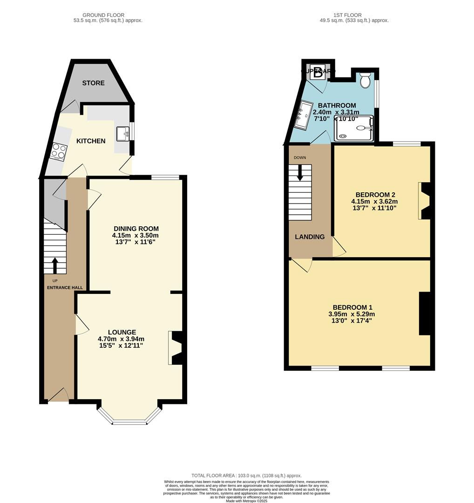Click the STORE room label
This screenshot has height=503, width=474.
(94, 83)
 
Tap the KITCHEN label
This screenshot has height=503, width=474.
(91, 141)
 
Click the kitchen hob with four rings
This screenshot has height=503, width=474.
(60, 151)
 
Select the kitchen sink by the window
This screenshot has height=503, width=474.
(124, 133)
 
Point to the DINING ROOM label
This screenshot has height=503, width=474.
(136, 229)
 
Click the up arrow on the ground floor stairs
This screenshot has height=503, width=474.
(55, 265)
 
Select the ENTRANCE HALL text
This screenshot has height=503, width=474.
(65, 287)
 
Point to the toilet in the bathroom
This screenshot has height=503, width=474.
(366, 80)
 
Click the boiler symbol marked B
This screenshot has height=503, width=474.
(318, 73)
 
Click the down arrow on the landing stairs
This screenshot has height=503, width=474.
(300, 174)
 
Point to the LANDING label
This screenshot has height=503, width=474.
(310, 237)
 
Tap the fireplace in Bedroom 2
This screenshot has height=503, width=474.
(426, 201)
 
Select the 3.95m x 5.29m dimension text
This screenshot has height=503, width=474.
(352, 314)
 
